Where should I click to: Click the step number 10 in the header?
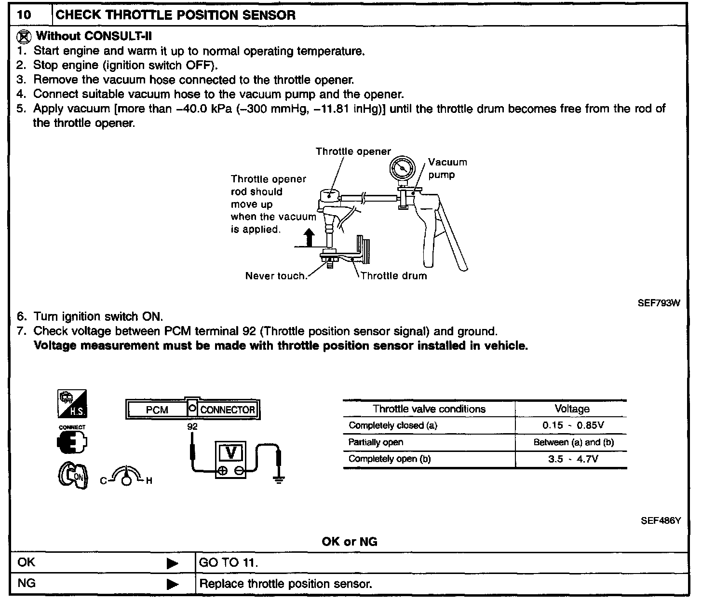pyautogui.click(x=24, y=14)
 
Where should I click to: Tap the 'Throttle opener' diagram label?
pyautogui.click(x=353, y=151)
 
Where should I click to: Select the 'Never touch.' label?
pyautogui.click(x=276, y=276)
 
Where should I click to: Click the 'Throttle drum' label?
pyautogui.click(x=393, y=276)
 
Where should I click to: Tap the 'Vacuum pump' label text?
pyautogui.click(x=447, y=168)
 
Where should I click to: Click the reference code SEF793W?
pyautogui.click(x=659, y=303)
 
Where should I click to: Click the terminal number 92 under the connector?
pyautogui.click(x=192, y=426)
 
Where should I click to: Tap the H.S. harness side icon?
pyautogui.click(x=72, y=404)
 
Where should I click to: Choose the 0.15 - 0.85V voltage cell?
pyautogui.click(x=573, y=425)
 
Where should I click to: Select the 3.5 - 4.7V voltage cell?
pyautogui.click(x=573, y=459)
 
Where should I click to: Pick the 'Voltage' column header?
pyautogui.click(x=572, y=409)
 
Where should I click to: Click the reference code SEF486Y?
pyautogui.click(x=661, y=520)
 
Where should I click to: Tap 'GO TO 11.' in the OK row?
pyautogui.click(x=229, y=563)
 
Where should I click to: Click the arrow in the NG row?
pyautogui.click(x=172, y=584)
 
